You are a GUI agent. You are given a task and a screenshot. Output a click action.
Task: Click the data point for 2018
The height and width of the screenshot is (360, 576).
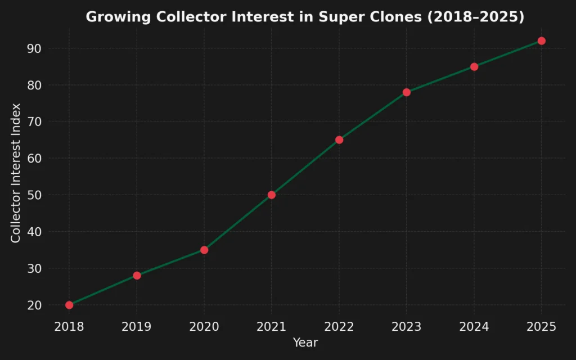(x=69, y=305)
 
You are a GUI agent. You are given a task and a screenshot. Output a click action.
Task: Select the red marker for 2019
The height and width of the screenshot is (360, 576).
(x=137, y=276)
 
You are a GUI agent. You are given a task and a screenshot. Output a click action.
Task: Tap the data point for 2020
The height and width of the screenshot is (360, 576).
(x=204, y=250)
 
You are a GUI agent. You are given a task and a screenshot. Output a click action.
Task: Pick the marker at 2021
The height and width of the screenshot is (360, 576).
(x=272, y=195)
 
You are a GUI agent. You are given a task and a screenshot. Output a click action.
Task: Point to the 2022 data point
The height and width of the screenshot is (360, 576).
(x=339, y=140)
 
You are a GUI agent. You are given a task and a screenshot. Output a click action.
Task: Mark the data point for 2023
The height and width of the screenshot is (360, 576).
(x=407, y=92)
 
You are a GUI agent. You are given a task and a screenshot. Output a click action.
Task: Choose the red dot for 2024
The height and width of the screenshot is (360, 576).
(x=474, y=67)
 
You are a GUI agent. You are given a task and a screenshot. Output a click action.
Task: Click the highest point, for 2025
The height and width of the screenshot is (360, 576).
(x=542, y=41)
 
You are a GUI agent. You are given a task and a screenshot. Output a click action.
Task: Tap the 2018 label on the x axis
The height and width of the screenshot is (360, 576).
(x=69, y=327)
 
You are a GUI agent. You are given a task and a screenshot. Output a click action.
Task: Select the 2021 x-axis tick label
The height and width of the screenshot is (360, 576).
(x=272, y=327)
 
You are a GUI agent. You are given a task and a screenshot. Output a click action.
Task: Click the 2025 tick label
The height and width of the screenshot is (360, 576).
(x=542, y=327)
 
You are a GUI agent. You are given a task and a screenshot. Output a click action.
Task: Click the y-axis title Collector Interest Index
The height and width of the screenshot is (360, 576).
(x=16, y=173)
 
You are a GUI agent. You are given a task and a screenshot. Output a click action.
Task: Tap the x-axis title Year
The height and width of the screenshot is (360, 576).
(x=305, y=343)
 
